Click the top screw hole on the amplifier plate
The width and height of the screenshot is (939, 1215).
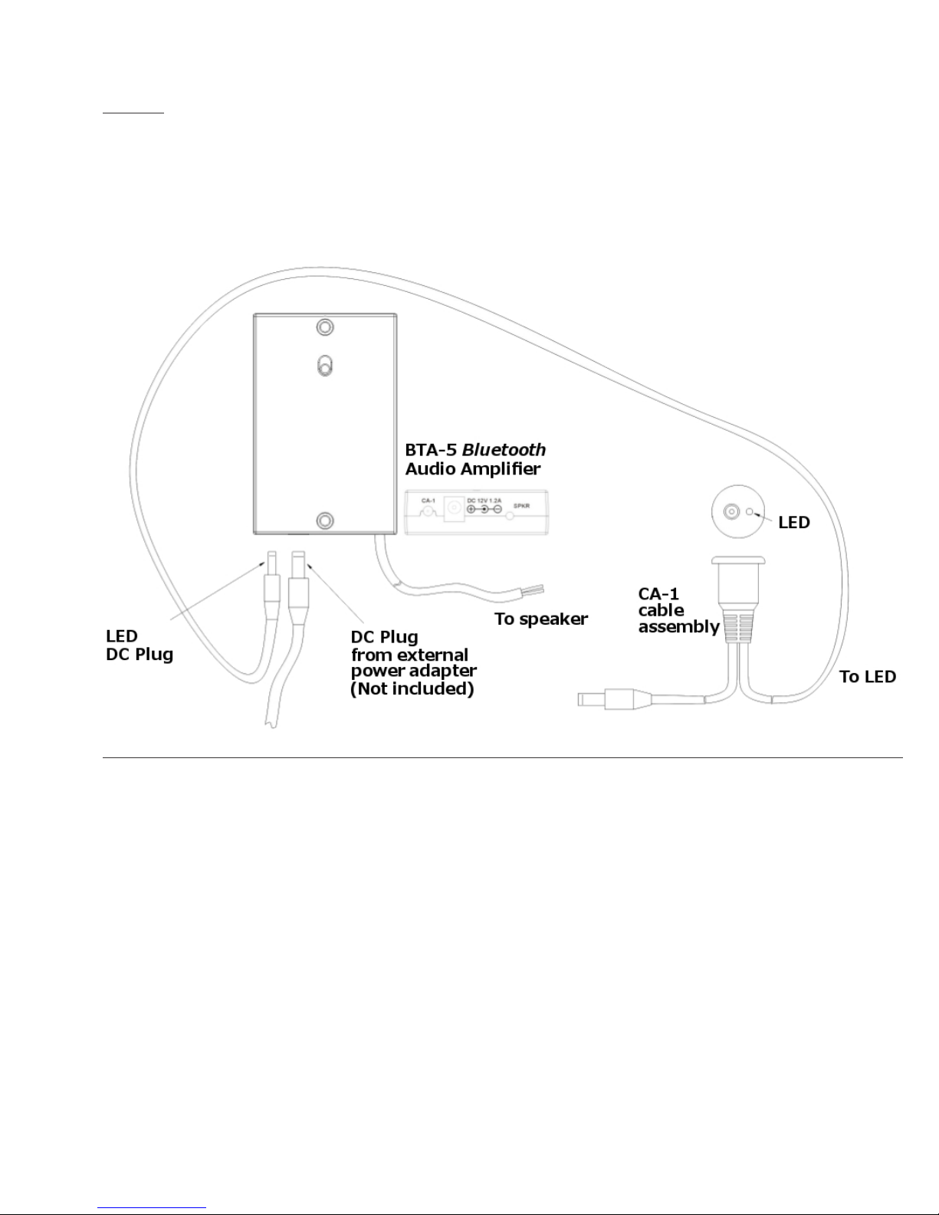326,327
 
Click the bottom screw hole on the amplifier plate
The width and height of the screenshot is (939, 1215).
326,520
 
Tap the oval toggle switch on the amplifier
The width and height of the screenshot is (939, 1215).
325,366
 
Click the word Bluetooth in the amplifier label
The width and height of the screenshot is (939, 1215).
504,450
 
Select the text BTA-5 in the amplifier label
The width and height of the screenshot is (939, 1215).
431,450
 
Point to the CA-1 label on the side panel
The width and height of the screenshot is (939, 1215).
428,501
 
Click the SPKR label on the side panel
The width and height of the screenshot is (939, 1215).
521,506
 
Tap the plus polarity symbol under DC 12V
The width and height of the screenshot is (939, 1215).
471,510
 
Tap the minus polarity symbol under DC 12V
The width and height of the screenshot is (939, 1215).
497,510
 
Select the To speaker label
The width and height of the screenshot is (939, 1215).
541,619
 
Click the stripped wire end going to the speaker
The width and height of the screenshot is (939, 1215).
534,591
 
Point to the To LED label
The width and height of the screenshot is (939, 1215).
868,677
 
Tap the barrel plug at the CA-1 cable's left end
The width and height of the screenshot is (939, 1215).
606,698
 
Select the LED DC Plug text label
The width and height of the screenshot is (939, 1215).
140,645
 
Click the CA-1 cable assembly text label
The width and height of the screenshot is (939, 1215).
678,610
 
